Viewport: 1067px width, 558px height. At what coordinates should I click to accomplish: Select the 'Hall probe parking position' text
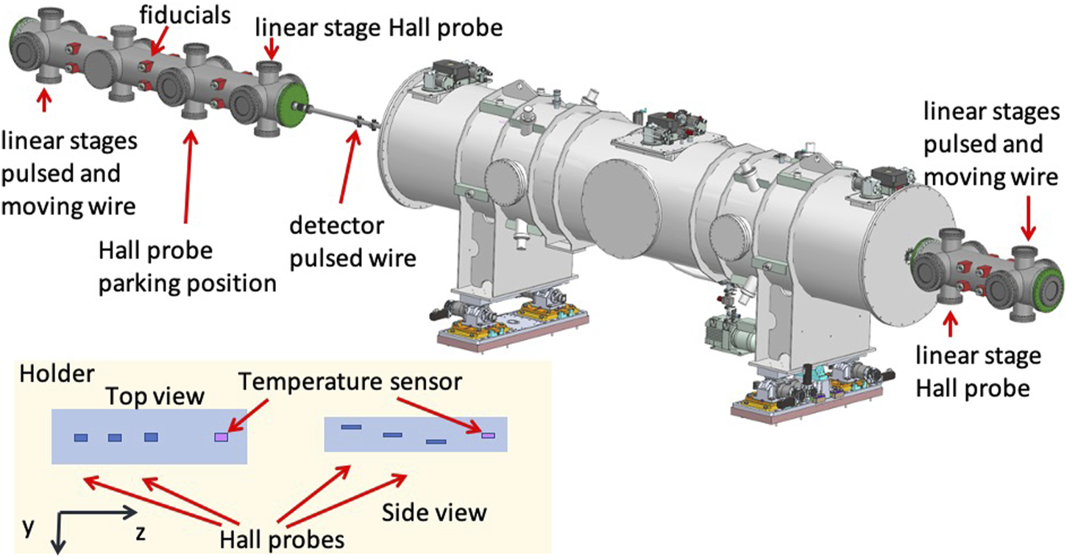[187, 266]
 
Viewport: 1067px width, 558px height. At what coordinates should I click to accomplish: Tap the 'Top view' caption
[154, 397]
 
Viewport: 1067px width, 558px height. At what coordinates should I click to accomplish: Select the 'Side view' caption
[434, 511]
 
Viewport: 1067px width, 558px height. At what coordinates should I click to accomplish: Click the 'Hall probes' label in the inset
[282, 540]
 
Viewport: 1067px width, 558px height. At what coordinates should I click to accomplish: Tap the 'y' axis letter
[28, 529]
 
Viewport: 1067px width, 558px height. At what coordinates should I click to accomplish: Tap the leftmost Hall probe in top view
[81, 438]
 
